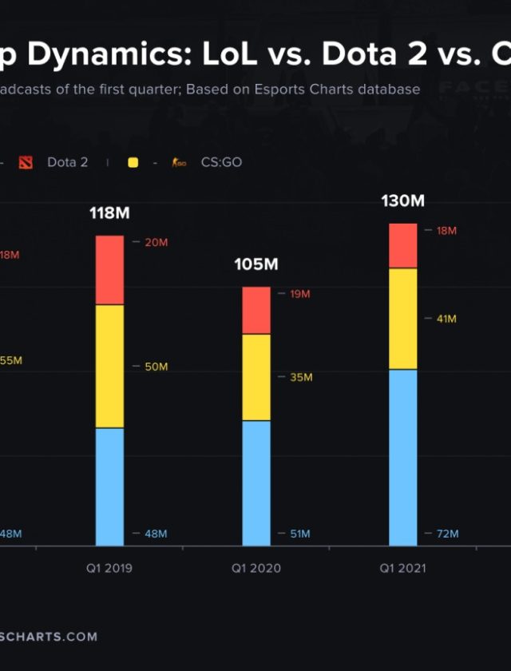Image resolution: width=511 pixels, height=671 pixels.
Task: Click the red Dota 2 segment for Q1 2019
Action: (109, 270)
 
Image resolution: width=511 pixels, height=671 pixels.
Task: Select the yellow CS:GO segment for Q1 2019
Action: (109, 366)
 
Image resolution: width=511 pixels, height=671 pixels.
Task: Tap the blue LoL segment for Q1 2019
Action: (109, 486)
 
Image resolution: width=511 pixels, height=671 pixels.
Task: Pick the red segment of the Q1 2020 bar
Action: (256, 310)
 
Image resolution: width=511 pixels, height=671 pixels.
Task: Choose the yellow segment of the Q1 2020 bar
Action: (256, 377)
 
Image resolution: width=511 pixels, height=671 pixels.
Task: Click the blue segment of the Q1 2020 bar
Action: (256, 482)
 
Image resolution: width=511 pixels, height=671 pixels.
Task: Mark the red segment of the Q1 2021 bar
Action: (402, 246)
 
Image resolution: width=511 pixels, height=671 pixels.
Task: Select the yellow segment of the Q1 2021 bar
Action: (402, 319)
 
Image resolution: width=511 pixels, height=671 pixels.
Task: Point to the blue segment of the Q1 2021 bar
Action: (402, 457)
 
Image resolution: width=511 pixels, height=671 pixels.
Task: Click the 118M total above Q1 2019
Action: (109, 214)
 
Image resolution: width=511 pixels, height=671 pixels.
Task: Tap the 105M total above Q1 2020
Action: (255, 265)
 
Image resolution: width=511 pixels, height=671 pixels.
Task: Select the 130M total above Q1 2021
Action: (402, 201)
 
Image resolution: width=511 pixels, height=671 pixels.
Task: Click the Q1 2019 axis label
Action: (109, 569)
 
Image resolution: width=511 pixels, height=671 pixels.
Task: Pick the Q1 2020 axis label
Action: (256, 569)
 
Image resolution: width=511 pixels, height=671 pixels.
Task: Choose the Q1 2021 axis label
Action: (402, 569)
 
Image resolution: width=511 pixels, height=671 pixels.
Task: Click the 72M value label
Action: (447, 534)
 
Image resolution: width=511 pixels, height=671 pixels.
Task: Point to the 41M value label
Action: (446, 319)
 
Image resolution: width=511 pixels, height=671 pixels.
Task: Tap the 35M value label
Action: (300, 377)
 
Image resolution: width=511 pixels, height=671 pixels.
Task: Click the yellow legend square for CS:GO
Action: (133, 163)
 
